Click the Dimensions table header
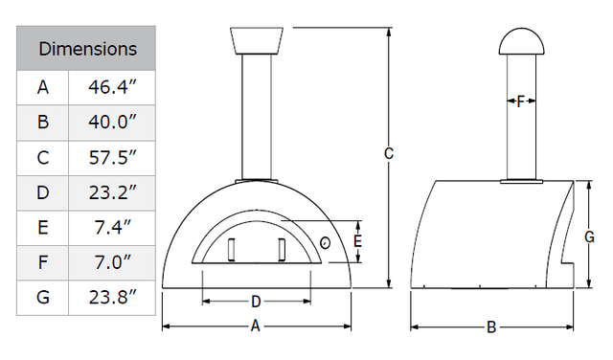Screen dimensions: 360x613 tap(87, 48)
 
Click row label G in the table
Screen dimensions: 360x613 tap(43, 297)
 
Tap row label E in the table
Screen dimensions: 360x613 tap(43, 227)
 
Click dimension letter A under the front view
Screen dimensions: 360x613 tap(256, 326)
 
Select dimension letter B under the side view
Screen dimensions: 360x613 tap(491, 327)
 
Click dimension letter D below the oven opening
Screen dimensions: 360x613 tap(256, 302)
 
